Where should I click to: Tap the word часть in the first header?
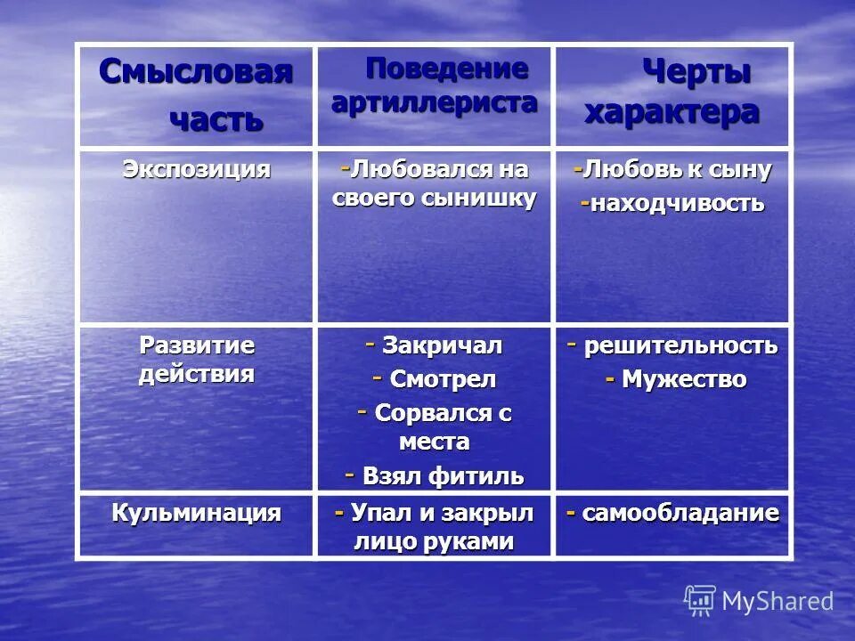tap(216, 118)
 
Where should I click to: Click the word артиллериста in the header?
tap(435, 101)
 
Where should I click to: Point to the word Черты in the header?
tap(696, 73)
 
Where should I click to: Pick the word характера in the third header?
tap(672, 113)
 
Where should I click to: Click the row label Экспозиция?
tap(196, 169)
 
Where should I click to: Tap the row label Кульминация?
tap(196, 513)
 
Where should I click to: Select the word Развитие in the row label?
tap(196, 345)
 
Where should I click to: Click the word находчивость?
tap(678, 203)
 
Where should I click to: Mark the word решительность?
tap(680, 345)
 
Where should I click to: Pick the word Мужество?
tap(684, 379)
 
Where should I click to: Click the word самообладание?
tap(680, 513)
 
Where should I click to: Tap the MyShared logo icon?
tap(700, 601)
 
